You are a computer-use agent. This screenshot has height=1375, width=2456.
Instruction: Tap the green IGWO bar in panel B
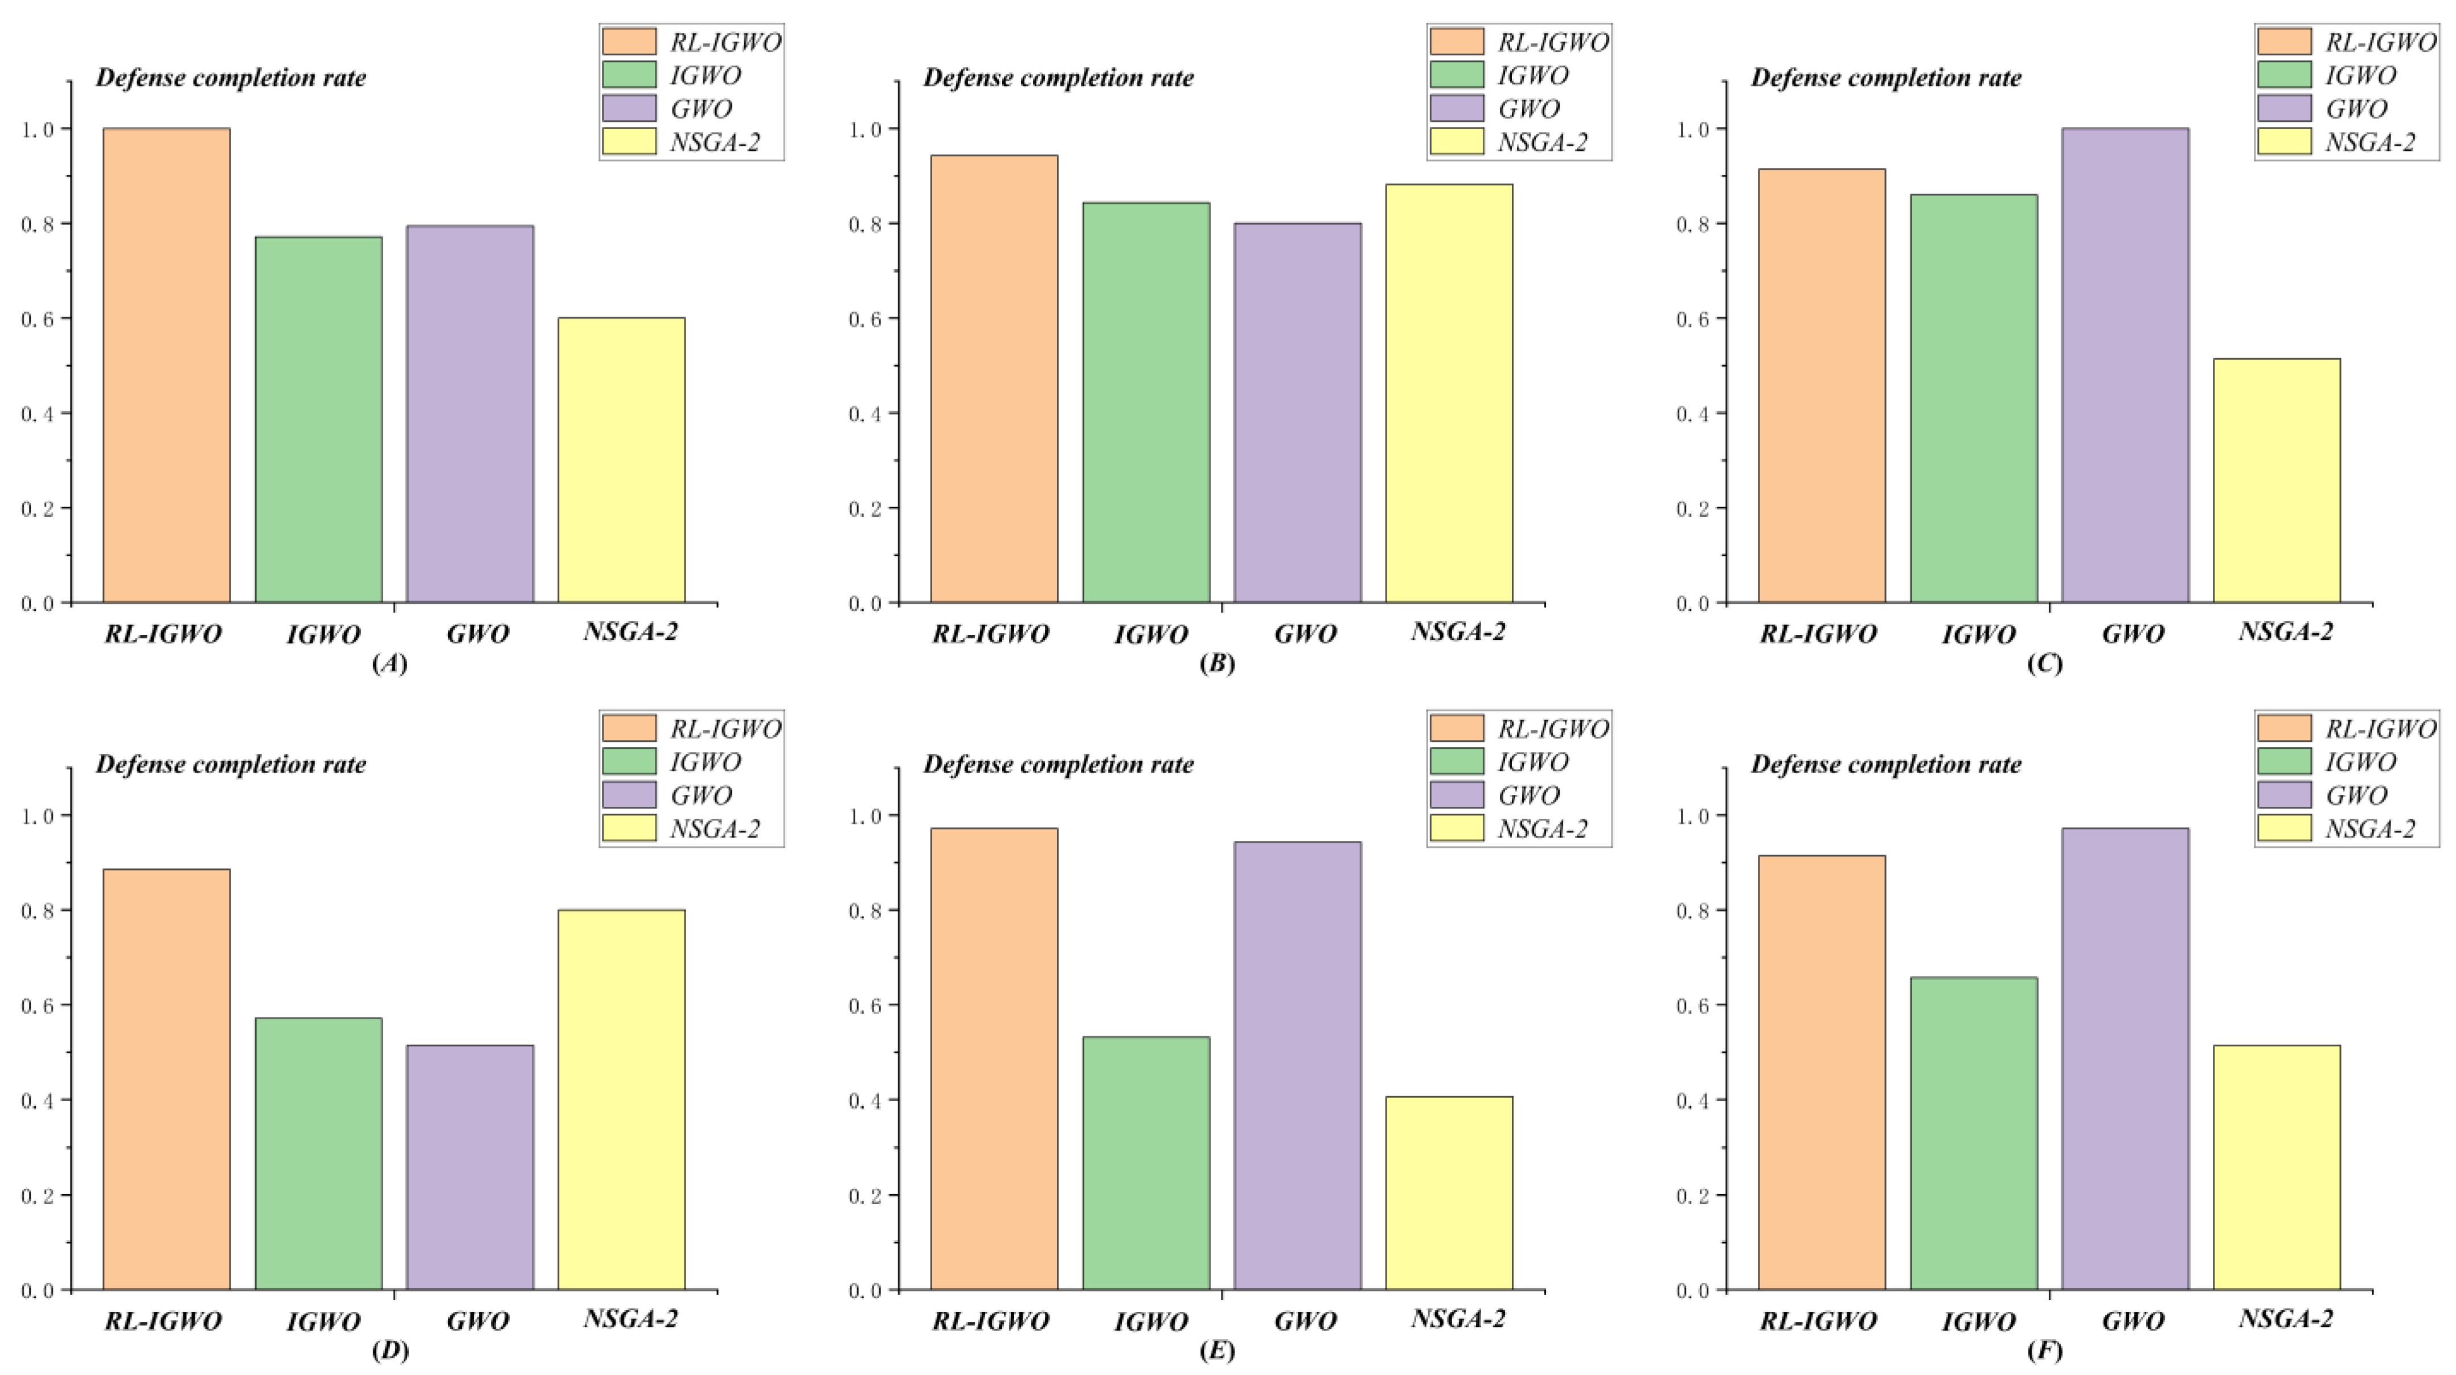click(x=1146, y=403)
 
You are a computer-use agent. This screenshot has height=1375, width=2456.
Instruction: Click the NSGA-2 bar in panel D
click(x=621, y=1099)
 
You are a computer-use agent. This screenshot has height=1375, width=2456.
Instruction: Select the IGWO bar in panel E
click(x=1146, y=1163)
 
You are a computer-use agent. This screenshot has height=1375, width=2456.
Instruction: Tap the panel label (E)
click(x=1216, y=1350)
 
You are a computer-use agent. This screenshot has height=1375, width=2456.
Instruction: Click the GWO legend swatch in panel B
click(x=1456, y=108)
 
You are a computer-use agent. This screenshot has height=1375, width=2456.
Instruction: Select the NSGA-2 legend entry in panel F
click(x=2369, y=828)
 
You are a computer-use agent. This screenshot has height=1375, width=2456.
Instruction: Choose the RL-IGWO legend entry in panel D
click(x=724, y=729)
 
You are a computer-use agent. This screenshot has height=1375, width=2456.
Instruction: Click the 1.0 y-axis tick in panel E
click(x=866, y=815)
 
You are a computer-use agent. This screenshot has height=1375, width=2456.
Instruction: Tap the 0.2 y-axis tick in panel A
click(x=38, y=508)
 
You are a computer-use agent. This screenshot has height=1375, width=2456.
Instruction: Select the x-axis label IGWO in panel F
click(x=1978, y=1321)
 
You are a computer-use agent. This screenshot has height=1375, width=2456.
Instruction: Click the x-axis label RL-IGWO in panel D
click(x=163, y=1321)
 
